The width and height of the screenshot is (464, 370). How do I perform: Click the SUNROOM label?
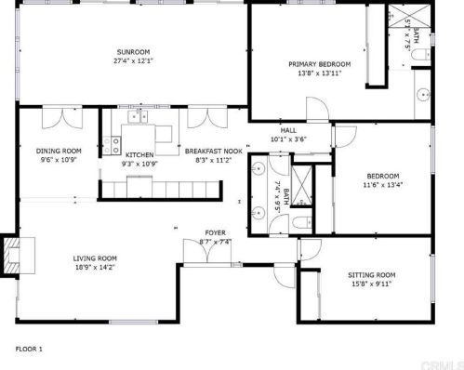(x=134, y=51)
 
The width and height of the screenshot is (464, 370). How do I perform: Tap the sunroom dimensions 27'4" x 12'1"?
(x=134, y=61)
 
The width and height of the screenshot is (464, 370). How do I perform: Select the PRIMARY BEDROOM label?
(x=319, y=64)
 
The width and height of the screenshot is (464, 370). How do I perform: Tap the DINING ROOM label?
(x=59, y=151)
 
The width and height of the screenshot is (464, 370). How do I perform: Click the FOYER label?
(x=216, y=232)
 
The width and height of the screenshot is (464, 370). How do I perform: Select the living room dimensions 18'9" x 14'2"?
(x=96, y=268)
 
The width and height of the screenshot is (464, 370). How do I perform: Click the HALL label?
(x=287, y=130)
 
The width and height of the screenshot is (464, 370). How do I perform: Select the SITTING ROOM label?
(x=372, y=275)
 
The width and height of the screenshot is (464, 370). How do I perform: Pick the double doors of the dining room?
(x=57, y=117)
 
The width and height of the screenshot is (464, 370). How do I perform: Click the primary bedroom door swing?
(x=317, y=111)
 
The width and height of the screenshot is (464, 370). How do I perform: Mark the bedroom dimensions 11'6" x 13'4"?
(x=382, y=184)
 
